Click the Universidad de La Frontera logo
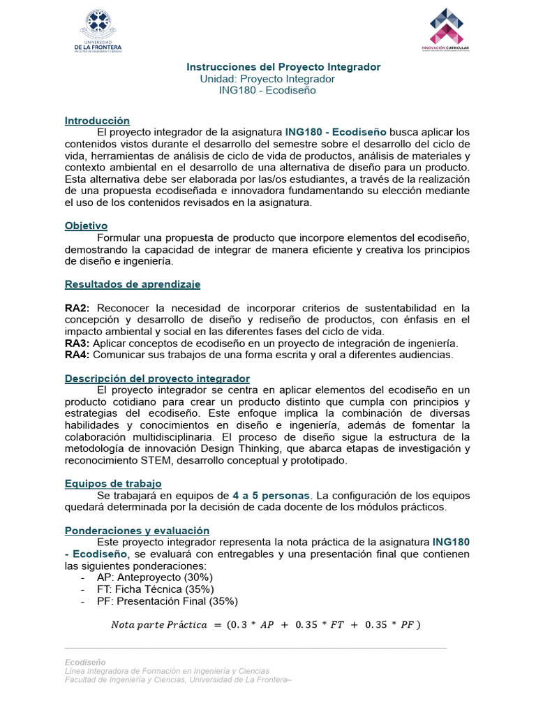pyautogui.click(x=106, y=32)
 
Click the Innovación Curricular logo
pyautogui.click(x=445, y=31)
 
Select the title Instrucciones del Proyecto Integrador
pyautogui.click(x=283, y=67)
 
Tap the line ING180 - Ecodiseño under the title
pyautogui.click(x=267, y=90)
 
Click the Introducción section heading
pyautogui.click(x=97, y=121)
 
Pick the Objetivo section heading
pyautogui.click(x=86, y=226)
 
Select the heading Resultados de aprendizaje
pyautogui.click(x=133, y=284)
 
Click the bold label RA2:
pyautogui.click(x=77, y=308)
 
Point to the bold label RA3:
pyautogui.click(x=77, y=344)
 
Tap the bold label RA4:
pyautogui.click(x=77, y=355)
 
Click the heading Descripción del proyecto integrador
pyautogui.click(x=157, y=378)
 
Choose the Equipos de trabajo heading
pyautogui.click(x=113, y=483)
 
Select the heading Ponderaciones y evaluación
pyautogui.click(x=137, y=531)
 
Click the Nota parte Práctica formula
pyautogui.click(x=266, y=624)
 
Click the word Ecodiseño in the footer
pyautogui.click(x=85, y=661)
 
